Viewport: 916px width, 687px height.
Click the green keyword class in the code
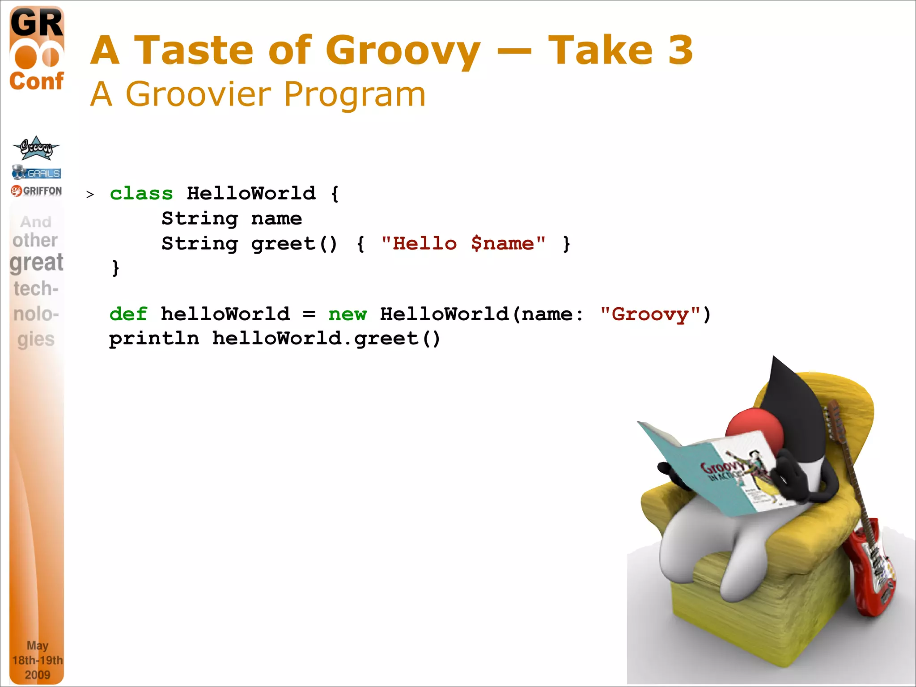tap(141, 194)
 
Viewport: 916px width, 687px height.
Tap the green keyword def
tap(128, 314)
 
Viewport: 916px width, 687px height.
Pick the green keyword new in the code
tap(348, 314)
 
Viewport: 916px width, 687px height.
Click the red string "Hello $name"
tap(463, 244)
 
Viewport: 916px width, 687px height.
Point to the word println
tap(154, 339)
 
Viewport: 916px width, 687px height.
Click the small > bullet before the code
tap(90, 195)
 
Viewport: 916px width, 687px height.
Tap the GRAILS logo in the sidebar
tap(37, 172)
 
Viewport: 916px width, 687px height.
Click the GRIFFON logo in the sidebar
tap(37, 191)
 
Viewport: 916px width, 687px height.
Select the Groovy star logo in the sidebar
tap(36, 148)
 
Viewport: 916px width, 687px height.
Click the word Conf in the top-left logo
tap(36, 81)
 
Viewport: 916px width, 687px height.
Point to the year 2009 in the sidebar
tap(37, 674)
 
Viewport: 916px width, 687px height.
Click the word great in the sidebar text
tap(36, 263)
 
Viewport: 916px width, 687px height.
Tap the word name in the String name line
tap(276, 219)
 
